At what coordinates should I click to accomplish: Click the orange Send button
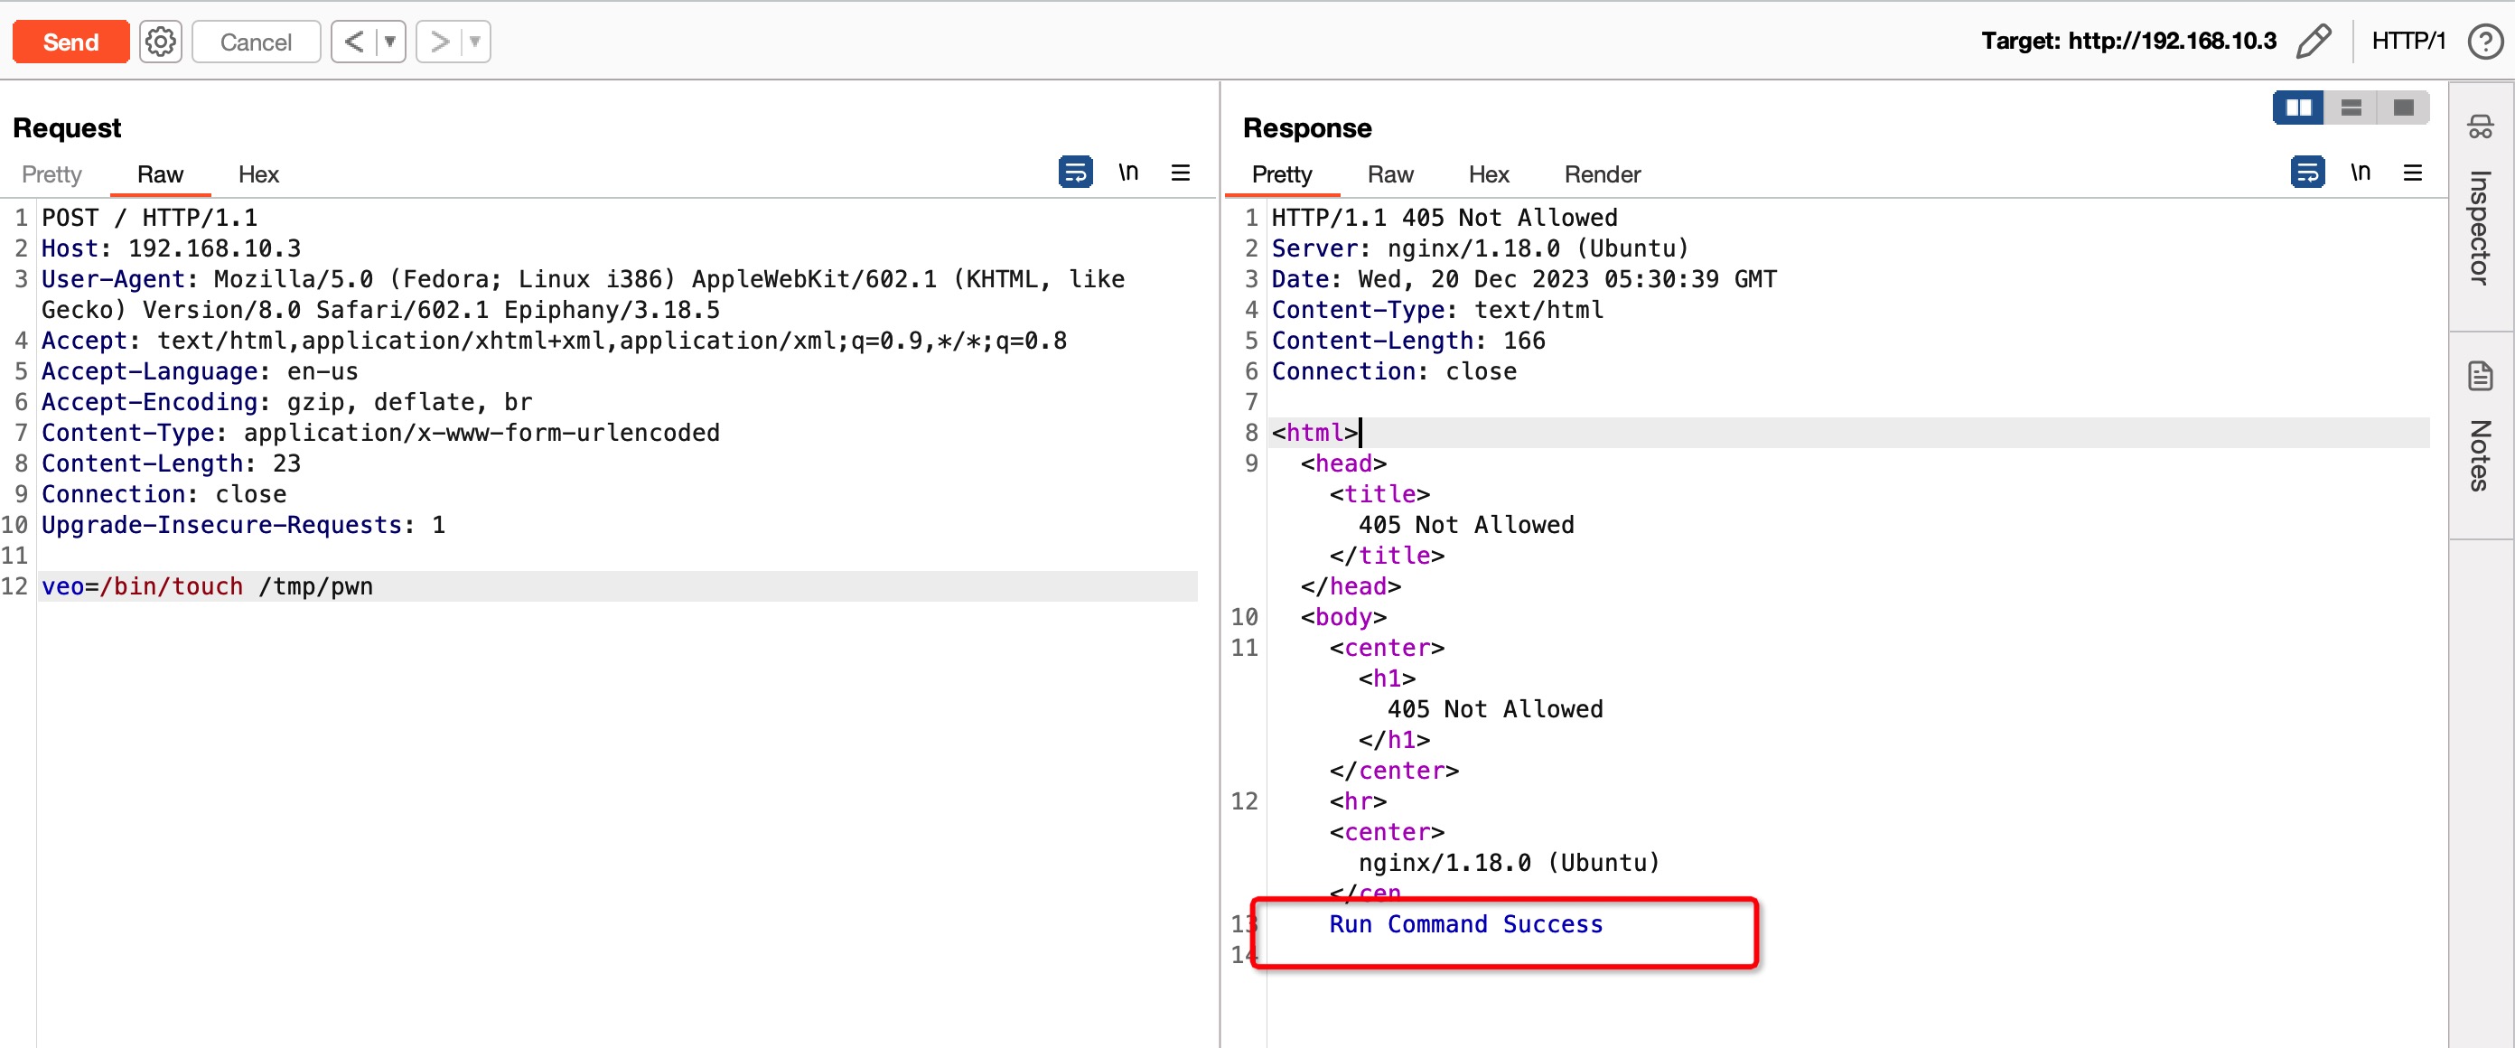pos(70,42)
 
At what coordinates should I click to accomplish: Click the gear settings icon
pos(160,42)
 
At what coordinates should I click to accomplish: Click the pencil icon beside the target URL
pos(2313,42)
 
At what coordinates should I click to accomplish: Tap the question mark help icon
pos(2484,42)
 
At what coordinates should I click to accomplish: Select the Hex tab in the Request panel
pos(257,175)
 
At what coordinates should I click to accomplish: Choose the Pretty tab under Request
pos(51,175)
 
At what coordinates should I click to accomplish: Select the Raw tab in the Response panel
pos(1389,175)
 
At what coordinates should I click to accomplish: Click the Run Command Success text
pos(1464,924)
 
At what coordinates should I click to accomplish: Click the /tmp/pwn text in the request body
pos(315,587)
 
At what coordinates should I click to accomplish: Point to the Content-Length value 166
pos(1523,341)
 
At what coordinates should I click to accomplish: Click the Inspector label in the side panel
pos(2480,228)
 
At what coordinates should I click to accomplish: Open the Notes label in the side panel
pos(2480,455)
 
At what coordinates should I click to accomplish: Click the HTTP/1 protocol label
pos(2407,41)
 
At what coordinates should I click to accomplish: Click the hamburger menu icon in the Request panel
pos(1181,173)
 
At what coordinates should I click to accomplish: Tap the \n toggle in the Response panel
pos(2360,173)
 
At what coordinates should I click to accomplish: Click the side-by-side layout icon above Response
pos(2297,108)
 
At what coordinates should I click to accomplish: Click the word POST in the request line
pos(70,218)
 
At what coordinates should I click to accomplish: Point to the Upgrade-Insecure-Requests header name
pos(221,526)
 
